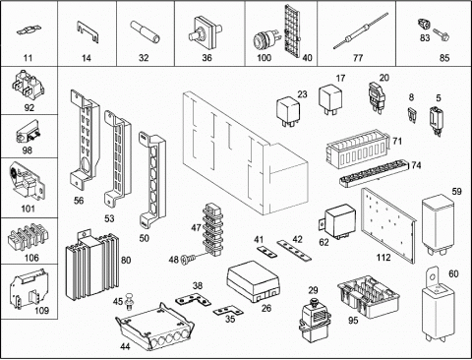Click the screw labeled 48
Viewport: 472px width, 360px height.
point(189,260)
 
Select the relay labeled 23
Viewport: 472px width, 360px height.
point(288,111)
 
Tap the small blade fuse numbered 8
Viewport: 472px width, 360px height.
point(412,114)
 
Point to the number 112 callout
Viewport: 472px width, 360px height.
point(383,258)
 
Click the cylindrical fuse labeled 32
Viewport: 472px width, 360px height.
point(146,32)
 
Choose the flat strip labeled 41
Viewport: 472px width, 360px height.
point(265,252)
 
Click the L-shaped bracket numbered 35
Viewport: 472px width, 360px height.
point(228,311)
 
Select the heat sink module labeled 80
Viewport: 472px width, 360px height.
point(91,265)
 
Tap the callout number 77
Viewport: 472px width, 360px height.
point(358,58)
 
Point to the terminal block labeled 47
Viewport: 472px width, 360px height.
point(212,229)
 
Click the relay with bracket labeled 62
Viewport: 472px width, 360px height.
point(337,221)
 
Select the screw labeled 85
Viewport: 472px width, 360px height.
point(442,34)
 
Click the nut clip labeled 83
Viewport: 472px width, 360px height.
point(425,25)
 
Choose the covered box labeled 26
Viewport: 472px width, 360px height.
point(253,281)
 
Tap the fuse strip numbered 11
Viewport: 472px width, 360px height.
point(29,31)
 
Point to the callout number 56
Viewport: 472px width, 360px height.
point(79,201)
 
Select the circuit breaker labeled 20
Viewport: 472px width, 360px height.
point(376,96)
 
